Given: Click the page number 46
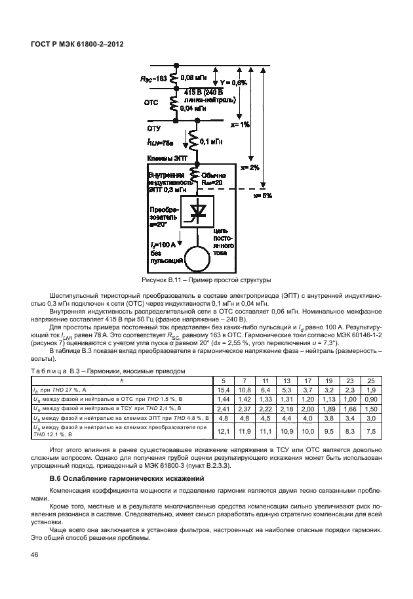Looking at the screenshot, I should point(34,556).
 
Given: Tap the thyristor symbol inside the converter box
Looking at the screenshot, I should point(195,211).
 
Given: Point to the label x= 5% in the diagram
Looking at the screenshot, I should point(262,195).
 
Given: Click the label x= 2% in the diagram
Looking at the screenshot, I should point(250,167).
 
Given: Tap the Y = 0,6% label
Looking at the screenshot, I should point(233,83).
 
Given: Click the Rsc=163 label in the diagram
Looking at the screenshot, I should point(154,78).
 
